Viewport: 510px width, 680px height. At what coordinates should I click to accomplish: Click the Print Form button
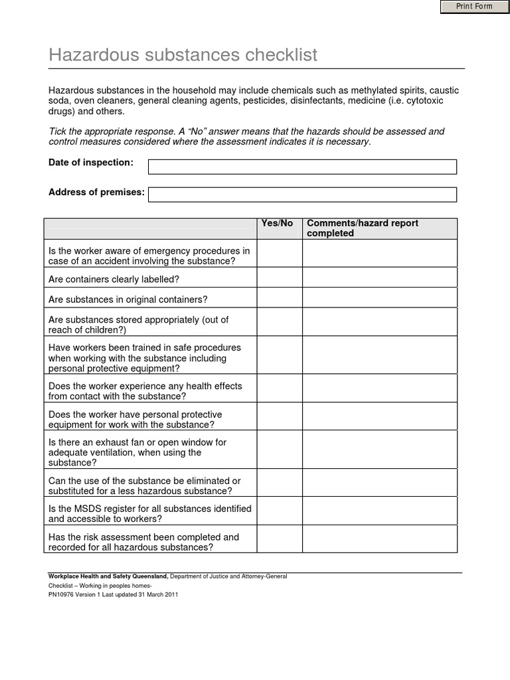click(473, 7)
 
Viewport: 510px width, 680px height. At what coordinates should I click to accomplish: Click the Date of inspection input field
click(302, 167)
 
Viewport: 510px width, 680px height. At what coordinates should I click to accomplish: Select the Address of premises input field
click(302, 195)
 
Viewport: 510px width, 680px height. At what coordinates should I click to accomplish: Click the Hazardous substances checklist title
click(183, 54)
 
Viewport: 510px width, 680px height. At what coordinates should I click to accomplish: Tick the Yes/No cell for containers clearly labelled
click(280, 278)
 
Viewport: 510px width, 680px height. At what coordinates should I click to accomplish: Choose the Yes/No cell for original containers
click(280, 297)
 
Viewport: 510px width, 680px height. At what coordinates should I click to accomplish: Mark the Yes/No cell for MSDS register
click(280, 511)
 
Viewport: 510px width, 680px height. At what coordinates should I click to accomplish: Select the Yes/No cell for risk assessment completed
click(280, 539)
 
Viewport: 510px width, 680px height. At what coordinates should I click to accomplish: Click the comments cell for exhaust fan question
click(380, 450)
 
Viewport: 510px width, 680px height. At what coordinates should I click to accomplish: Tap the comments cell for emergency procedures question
click(380, 253)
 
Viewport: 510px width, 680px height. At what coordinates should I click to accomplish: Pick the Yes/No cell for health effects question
click(280, 388)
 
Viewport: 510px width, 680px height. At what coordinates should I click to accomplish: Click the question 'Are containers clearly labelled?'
click(114, 280)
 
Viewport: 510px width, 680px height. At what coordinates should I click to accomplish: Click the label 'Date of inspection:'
click(91, 163)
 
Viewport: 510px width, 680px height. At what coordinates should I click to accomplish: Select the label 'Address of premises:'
click(96, 193)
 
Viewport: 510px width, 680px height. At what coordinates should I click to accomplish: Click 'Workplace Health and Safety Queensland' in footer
click(108, 576)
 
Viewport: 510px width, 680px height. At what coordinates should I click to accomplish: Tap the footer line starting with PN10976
click(113, 595)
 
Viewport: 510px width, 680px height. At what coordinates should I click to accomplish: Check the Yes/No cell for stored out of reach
click(280, 322)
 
